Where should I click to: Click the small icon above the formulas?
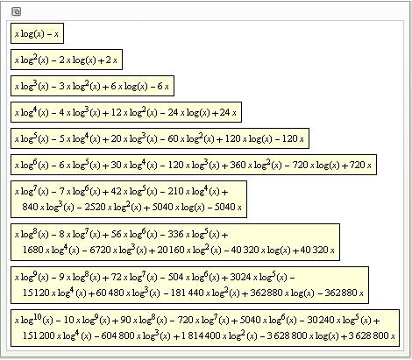coord(16,11)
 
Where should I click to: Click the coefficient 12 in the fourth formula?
coord(116,112)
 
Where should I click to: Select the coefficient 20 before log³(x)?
coord(116,138)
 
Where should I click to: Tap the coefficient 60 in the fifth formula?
coord(173,138)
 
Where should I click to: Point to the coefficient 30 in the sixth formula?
coord(116,165)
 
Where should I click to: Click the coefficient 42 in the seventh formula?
coord(116,191)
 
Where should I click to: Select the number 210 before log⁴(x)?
coord(175,191)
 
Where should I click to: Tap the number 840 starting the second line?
coord(30,207)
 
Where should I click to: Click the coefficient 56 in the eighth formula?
coord(116,234)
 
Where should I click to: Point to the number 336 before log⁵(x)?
coord(175,234)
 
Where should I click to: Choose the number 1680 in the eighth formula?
coord(32,250)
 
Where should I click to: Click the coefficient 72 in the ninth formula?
coord(116,277)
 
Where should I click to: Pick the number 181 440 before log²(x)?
coord(187,293)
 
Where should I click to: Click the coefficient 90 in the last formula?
coord(125,321)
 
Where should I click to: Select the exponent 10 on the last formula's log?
coord(38,316)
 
